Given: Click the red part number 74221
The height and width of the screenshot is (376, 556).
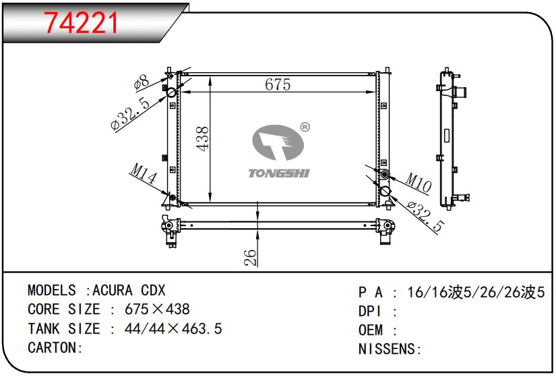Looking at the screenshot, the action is tap(81, 23).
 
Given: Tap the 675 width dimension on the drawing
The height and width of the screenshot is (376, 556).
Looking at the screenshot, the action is tap(278, 84).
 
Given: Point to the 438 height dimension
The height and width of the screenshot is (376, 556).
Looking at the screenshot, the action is tap(202, 139).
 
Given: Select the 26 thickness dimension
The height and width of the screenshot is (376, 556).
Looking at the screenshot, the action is tap(250, 257).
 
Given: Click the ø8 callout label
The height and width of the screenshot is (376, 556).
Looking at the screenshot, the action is tap(142, 82).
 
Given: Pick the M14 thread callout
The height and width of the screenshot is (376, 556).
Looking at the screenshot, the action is tap(144, 173).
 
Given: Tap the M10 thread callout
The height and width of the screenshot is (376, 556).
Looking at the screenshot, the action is tap(419, 182).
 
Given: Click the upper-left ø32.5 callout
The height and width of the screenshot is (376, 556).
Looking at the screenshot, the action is tap(130, 113).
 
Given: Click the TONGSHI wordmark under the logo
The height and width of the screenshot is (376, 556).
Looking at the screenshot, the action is tap(279, 173).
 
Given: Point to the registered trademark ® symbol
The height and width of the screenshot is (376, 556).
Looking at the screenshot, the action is tap(305, 127).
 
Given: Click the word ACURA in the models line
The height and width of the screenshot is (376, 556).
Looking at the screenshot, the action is tap(113, 290).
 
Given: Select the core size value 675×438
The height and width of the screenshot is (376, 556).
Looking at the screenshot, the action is tap(157, 309).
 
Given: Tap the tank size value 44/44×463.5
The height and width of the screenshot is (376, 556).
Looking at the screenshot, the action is tap(173, 329).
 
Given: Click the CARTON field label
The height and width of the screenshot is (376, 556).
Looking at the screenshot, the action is tap(55, 348).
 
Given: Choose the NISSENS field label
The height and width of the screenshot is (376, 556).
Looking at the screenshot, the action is tap(390, 349).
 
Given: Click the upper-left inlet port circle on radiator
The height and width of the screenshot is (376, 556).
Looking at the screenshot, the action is tap(172, 92).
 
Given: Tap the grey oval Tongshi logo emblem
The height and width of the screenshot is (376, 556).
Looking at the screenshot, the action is tap(278, 142).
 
